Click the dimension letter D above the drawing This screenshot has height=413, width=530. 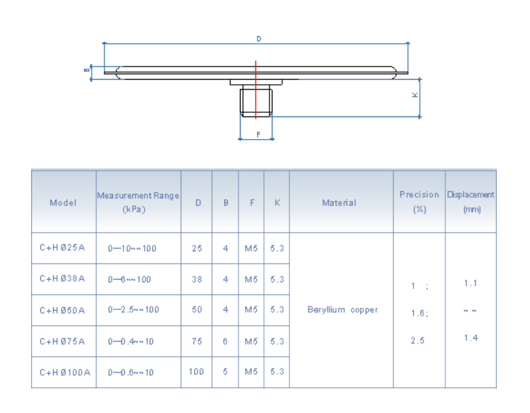click(x=258, y=40)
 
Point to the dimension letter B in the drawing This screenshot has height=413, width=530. click(x=86, y=70)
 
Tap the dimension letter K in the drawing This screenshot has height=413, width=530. click(x=415, y=95)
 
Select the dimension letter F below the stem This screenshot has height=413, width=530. click(x=258, y=134)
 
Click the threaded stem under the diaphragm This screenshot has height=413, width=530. click(x=256, y=101)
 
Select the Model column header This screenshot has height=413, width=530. click(x=63, y=203)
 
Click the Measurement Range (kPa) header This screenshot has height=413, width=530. click(x=138, y=203)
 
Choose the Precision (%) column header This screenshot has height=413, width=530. click(x=418, y=202)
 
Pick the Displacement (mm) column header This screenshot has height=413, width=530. click(x=471, y=202)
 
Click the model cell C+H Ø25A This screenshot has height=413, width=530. click(x=62, y=249)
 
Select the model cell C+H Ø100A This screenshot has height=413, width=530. click(x=65, y=372)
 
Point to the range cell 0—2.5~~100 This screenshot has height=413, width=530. click(x=133, y=310)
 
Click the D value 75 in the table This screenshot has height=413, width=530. click(x=196, y=341)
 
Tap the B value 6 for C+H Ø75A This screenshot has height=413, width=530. click(x=225, y=341)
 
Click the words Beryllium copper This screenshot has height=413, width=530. click(x=342, y=310)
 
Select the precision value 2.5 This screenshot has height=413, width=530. click(x=418, y=340)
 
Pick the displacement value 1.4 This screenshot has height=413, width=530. click(x=471, y=337)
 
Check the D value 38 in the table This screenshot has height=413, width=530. click(x=196, y=279)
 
